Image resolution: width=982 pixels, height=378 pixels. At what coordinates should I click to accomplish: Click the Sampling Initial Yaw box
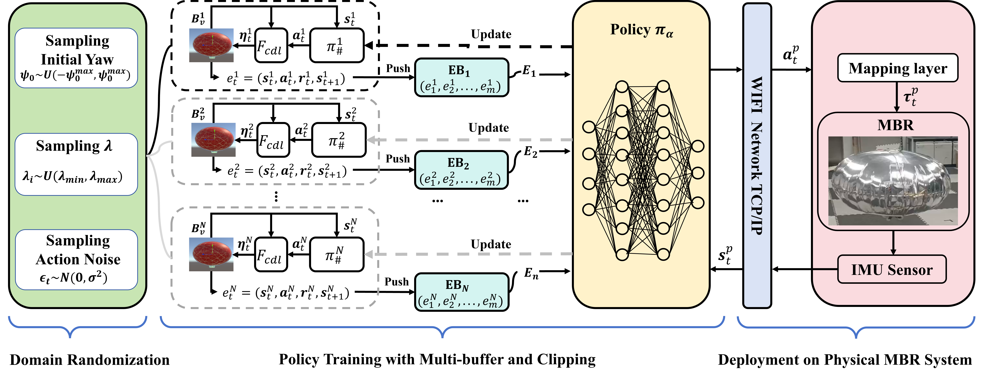tap(76, 58)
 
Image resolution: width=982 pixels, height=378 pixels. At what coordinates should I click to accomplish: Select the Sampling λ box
tap(76, 164)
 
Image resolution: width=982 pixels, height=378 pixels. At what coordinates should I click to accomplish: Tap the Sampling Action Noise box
tap(76, 259)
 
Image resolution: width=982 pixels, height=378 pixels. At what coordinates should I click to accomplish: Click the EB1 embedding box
tap(461, 77)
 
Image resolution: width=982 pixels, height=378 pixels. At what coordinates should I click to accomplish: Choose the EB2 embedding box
tap(461, 170)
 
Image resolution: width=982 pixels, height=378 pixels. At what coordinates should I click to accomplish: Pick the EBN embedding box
tap(461, 292)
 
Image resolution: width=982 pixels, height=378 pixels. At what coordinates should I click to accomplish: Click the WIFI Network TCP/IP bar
tap(757, 155)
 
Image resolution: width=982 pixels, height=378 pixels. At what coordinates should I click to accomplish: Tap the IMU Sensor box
tap(892, 269)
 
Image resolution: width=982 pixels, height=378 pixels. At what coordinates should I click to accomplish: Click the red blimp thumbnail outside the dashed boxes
tap(211, 45)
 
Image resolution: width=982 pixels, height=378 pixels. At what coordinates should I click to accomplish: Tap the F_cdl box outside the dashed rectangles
tap(271, 45)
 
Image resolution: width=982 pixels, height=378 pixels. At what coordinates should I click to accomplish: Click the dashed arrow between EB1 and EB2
tap(469, 140)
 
